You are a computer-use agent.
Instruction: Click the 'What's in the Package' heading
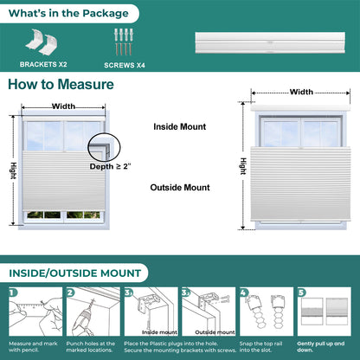tap(68, 13)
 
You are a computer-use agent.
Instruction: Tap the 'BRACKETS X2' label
tap(43, 64)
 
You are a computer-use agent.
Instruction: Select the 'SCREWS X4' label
tap(125, 66)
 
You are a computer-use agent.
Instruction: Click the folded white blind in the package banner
tap(270, 42)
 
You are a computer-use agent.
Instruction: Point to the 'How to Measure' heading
tap(61, 85)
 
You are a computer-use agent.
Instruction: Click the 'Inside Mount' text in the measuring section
tap(180, 126)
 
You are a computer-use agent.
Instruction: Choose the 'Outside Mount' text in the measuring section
tap(180, 188)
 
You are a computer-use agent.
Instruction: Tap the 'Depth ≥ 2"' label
tap(110, 166)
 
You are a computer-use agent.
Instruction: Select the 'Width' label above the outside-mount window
tap(301, 92)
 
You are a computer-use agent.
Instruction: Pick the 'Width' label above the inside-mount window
tap(63, 106)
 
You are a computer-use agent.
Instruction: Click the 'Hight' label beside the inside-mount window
tap(13, 170)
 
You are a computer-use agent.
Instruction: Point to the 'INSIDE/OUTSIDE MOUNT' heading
tap(75, 273)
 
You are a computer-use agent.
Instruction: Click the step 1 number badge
tap(13, 292)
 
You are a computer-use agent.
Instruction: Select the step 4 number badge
tap(244, 292)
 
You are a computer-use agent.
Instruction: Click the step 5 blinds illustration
tap(325, 312)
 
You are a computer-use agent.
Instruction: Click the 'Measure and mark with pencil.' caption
tap(33, 347)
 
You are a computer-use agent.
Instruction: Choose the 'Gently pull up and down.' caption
tap(321, 347)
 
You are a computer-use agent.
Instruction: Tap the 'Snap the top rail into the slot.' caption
tap(260, 347)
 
